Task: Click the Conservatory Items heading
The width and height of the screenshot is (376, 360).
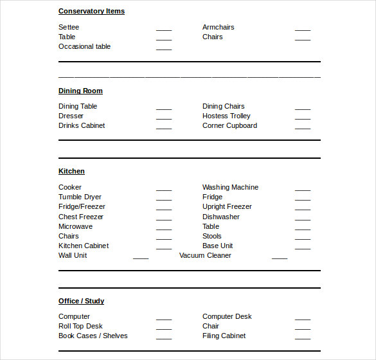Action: [x=91, y=11]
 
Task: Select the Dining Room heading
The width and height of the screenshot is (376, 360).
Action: [x=80, y=91]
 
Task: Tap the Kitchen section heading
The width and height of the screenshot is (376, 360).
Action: [x=71, y=171]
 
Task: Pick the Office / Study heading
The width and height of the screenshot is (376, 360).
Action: [x=81, y=301]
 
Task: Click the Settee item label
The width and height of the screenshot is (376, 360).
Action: [x=69, y=27]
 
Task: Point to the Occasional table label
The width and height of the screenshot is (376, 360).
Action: [x=84, y=46]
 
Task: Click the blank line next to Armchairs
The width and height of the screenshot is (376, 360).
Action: [x=303, y=30]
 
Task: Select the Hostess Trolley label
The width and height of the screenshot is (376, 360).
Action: [x=226, y=116]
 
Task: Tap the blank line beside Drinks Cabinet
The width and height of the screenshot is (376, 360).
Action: [x=164, y=128]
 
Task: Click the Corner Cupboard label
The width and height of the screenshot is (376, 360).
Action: [x=229, y=125]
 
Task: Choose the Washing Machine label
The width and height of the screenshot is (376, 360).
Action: [x=230, y=187]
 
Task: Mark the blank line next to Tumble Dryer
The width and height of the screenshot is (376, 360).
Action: [x=164, y=199]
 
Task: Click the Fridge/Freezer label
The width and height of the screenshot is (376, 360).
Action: [x=82, y=206]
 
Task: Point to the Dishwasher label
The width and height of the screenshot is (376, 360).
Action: [x=221, y=217]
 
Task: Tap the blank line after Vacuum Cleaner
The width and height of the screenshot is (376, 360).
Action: [x=280, y=258]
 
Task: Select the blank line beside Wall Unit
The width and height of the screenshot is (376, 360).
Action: [x=141, y=258]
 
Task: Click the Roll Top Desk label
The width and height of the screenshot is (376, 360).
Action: [x=80, y=326]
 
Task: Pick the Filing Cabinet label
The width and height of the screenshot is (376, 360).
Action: [x=224, y=336]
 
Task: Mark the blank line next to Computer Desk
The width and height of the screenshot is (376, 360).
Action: [x=303, y=319]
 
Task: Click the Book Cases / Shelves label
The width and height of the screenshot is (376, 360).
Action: [x=93, y=336]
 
